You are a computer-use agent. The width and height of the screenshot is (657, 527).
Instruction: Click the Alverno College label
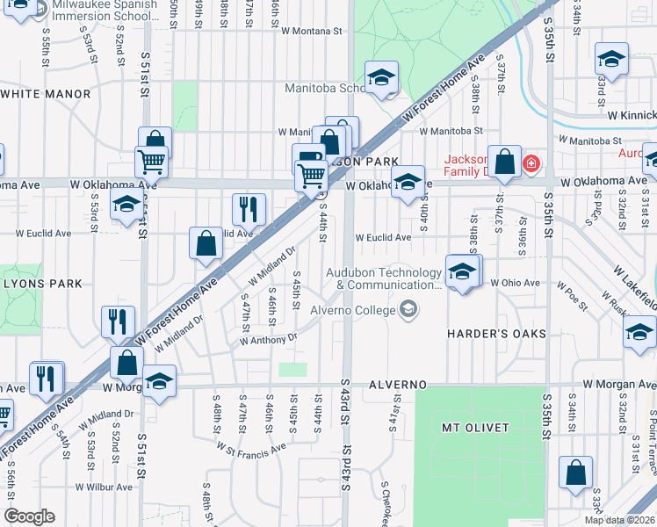352,309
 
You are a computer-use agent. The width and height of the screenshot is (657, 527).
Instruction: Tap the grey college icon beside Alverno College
408,308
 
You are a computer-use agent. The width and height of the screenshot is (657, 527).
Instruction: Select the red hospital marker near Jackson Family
531,163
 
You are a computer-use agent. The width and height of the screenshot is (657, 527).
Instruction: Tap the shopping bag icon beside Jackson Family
505,162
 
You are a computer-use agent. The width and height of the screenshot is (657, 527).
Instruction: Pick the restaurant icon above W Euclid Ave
249,209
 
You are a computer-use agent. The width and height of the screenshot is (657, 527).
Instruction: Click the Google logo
29,516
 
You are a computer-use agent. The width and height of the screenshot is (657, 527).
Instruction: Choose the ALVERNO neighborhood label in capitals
397,386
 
